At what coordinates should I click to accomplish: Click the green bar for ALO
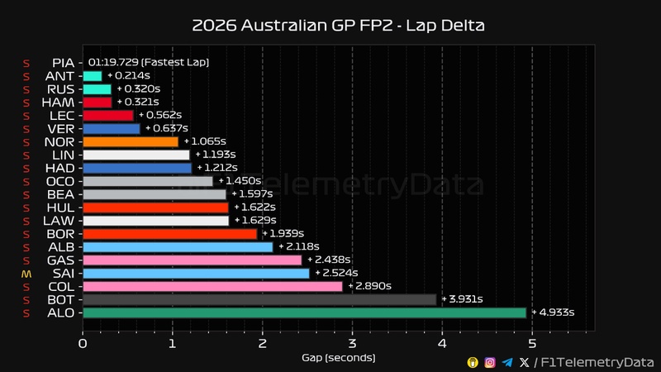coord(304,312)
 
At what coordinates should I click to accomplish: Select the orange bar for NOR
coord(131,141)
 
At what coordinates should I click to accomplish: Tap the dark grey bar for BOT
coord(259,299)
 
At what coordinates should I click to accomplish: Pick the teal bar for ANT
coord(93,76)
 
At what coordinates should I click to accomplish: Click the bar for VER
coord(112,128)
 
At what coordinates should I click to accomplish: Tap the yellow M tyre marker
coord(26,273)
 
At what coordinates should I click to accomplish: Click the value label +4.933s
coord(553,312)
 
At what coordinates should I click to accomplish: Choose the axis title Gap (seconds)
coord(338,357)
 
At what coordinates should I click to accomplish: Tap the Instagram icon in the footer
coord(490,362)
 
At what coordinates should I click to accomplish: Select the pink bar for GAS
coord(192,260)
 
